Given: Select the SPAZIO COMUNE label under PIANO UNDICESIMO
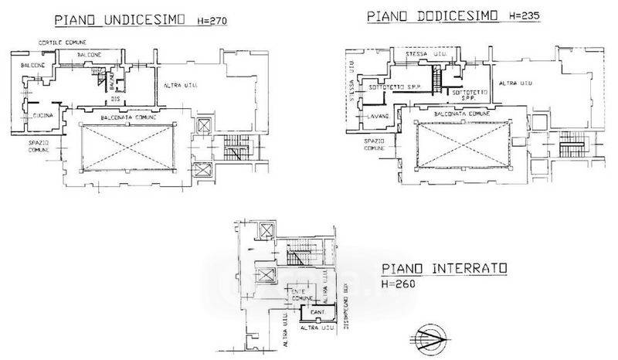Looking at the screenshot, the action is (39, 147).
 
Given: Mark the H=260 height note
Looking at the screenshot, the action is (399, 284).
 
